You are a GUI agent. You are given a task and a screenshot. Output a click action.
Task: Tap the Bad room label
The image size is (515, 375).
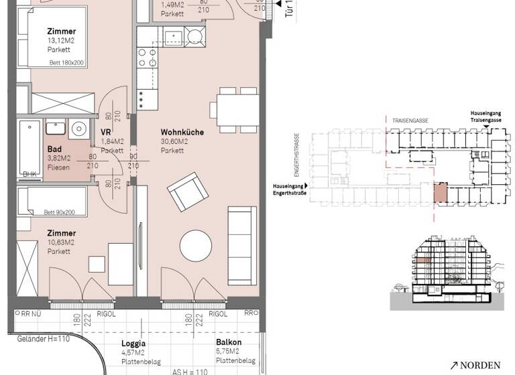pos(55,149)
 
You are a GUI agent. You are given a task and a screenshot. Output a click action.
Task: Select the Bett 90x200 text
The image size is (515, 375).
pos(60,212)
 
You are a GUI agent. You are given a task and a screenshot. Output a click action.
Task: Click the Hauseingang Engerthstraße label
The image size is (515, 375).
pos(287,190)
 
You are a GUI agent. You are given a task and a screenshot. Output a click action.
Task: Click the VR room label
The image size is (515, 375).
pos(105,132)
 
